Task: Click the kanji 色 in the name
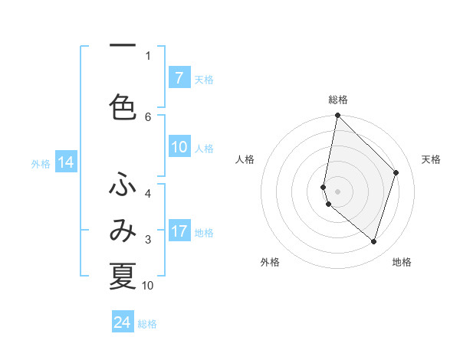[x=123, y=107]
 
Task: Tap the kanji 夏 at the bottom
[x=123, y=276]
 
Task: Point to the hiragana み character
[x=123, y=232]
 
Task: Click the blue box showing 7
[x=179, y=78]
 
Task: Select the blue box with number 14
[x=65, y=162]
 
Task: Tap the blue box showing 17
[x=179, y=231]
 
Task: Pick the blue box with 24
[x=123, y=322]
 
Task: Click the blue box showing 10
[x=179, y=148]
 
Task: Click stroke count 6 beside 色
[x=148, y=116]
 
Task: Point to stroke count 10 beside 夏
[x=148, y=286]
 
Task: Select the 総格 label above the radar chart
[x=338, y=100]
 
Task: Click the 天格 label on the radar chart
[x=432, y=159]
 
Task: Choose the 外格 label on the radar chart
[x=270, y=263]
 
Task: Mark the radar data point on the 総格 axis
[x=337, y=116]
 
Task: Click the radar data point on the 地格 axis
[x=373, y=241]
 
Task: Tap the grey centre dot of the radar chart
[x=337, y=191]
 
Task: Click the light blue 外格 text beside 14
[x=41, y=163]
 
